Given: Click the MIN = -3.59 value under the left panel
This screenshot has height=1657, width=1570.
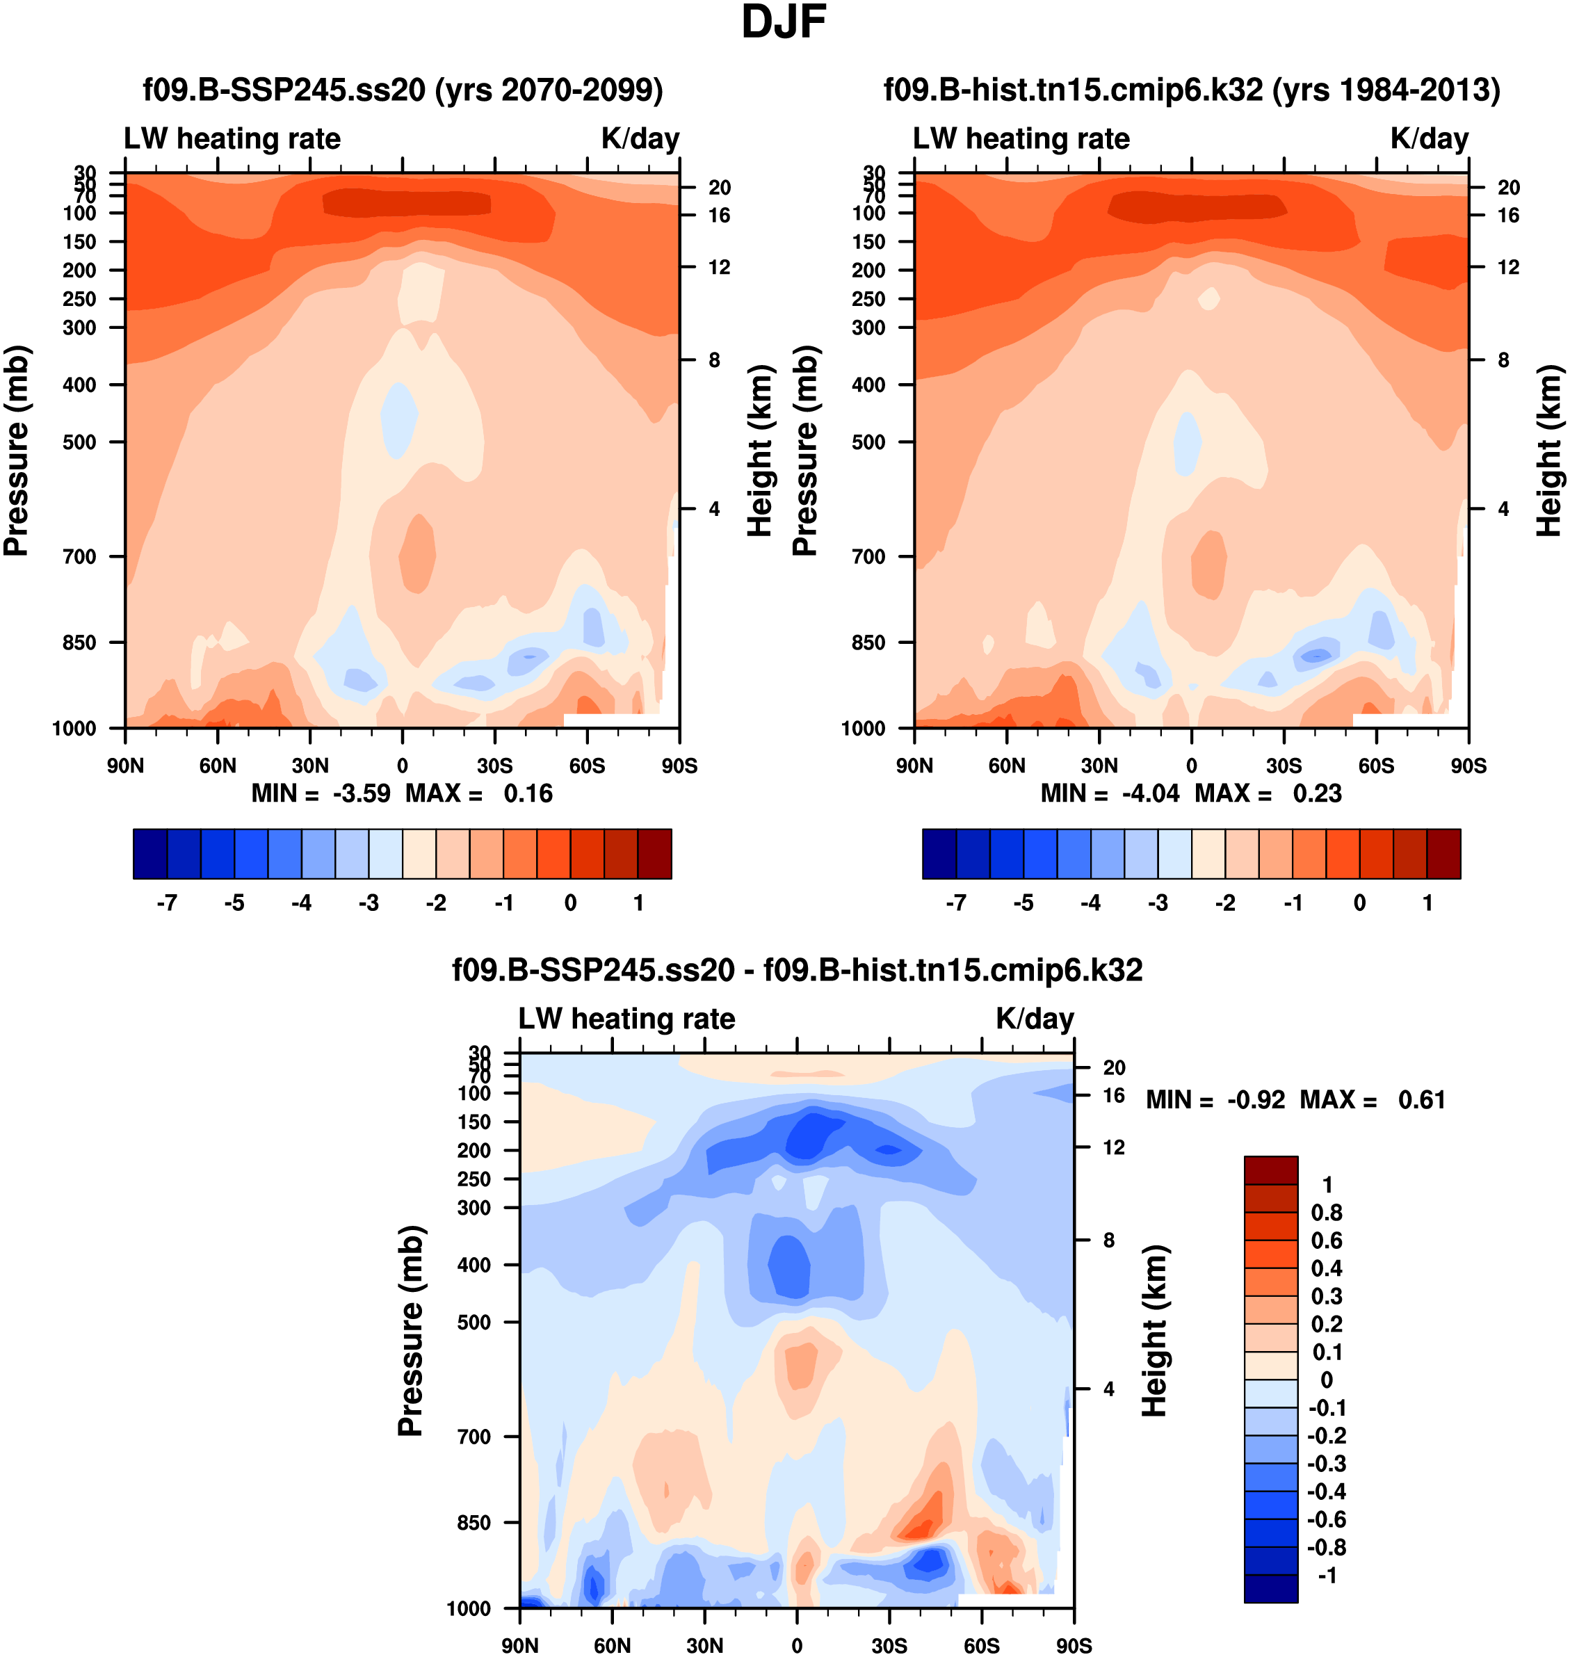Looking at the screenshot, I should coord(321,793).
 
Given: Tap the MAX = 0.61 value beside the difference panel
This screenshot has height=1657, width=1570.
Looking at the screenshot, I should coord(1373,1099).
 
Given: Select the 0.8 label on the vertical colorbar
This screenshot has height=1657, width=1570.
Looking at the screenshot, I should coord(1327,1213).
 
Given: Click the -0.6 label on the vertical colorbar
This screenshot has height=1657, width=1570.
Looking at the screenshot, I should coord(1327,1519).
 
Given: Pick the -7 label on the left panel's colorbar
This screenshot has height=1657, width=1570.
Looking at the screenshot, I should coord(167,903).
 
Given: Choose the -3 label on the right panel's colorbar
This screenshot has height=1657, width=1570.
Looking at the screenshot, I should coord(1158,903).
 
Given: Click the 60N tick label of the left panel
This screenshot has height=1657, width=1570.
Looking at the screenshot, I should coord(218,766).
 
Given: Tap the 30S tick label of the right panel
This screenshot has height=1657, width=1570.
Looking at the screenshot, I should coord(1284,766).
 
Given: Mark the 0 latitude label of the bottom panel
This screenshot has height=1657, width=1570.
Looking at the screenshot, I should coord(797,1646).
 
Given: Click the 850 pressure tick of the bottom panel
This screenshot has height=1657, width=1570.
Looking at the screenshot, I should coord(474,1523).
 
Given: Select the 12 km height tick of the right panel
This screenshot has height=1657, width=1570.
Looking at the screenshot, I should coord(1508,268).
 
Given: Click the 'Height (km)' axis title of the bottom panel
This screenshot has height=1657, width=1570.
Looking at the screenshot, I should coord(1154,1331).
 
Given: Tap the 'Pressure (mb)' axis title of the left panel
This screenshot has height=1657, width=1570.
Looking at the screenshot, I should coord(17,451).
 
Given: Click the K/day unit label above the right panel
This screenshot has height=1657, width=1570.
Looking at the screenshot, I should coord(1430,139).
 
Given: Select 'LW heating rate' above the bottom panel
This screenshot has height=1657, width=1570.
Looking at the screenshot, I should coord(627,1019).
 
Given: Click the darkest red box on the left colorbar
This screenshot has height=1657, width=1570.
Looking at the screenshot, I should coord(654,854).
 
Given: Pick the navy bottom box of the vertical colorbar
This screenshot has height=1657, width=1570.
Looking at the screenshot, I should coord(1270,1588).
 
